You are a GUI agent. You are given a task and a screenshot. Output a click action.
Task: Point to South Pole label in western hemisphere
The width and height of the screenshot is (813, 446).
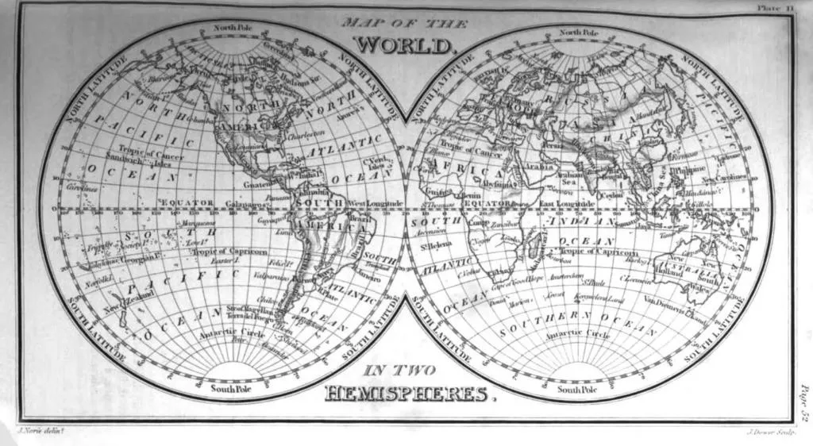tap(230, 389)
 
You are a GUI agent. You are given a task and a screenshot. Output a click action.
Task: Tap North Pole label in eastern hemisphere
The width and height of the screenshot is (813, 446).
tap(579, 33)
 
